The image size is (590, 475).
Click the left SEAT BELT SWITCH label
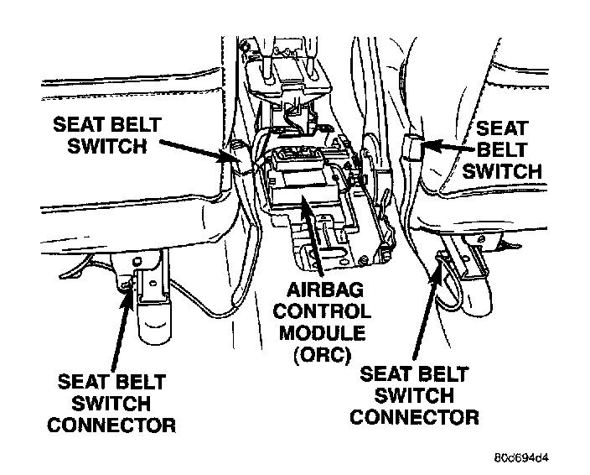pyautogui.click(x=106, y=136)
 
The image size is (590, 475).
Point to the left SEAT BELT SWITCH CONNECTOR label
pyautogui.click(x=111, y=403)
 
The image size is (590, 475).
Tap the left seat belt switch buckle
pyautogui.click(x=235, y=157)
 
